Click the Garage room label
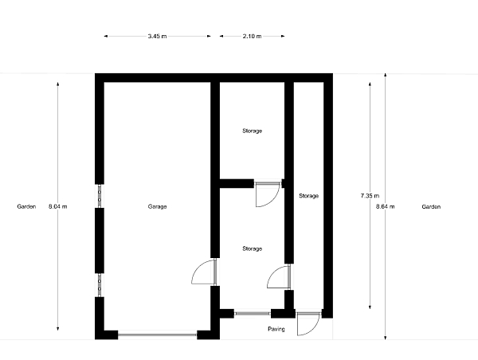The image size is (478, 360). [x=157, y=206]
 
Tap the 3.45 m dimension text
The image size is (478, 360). [x=157, y=37]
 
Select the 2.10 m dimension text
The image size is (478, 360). [x=252, y=37]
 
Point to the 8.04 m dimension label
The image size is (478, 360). [x=57, y=206]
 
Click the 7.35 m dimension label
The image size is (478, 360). [x=370, y=196]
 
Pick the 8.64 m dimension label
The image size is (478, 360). [x=386, y=206]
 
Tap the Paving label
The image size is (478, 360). [x=276, y=329]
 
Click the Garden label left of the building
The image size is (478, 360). [x=26, y=206]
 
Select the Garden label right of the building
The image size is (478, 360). [x=431, y=206]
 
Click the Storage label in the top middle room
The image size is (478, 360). [x=252, y=131]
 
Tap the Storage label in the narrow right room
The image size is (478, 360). [x=309, y=196]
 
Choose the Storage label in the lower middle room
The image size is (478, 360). [x=252, y=249]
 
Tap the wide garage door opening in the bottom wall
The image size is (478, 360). [x=157, y=335]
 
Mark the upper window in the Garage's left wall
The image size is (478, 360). [x=100, y=196]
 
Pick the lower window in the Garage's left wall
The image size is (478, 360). [x=100, y=285]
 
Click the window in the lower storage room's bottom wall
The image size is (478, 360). [x=253, y=313]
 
